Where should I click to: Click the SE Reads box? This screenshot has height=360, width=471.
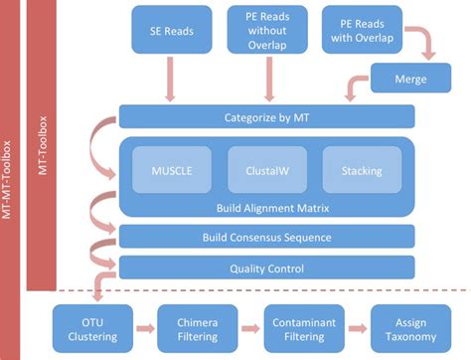[x=172, y=30]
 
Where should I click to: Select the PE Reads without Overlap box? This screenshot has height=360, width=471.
[x=267, y=30]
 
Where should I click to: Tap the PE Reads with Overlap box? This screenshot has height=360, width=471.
[x=362, y=30]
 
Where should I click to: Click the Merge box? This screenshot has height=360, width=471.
[x=410, y=78]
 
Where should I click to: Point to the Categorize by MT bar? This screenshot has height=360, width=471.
[x=266, y=116]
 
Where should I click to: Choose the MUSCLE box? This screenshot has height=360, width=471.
[x=172, y=170]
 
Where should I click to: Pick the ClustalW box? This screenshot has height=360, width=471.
[x=267, y=170]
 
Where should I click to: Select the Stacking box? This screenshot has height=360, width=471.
[x=362, y=170]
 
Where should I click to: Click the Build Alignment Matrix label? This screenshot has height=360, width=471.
[x=272, y=208]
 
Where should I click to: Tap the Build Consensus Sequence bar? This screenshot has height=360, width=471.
[x=266, y=237]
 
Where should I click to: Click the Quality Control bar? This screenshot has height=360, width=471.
[x=266, y=268]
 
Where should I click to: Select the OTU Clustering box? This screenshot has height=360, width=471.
[x=92, y=329]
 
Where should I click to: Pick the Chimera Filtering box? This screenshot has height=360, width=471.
[x=198, y=329]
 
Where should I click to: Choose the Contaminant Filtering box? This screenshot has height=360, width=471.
[x=304, y=329]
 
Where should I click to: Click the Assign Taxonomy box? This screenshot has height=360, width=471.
[x=410, y=329]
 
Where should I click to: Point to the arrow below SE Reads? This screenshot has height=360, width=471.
[x=170, y=80]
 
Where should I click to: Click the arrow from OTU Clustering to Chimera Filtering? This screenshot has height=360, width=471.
[x=145, y=328]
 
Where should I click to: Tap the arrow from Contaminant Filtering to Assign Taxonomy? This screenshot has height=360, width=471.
[x=358, y=328]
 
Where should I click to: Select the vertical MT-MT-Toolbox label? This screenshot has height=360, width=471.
[x=7, y=180]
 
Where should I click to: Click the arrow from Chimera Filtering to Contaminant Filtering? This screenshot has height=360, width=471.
[x=250, y=328]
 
